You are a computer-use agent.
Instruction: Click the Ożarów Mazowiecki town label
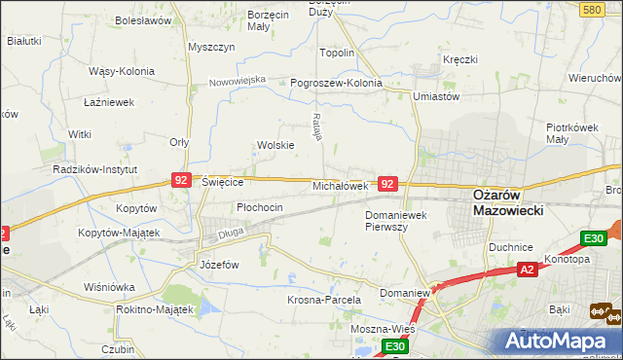click(507, 201)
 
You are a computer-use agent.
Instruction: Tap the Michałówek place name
click(340, 185)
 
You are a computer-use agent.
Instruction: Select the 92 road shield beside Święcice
click(181, 180)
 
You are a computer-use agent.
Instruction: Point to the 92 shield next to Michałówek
click(387, 184)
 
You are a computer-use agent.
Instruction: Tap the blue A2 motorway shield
click(527, 270)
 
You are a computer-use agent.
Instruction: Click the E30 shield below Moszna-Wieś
click(393, 346)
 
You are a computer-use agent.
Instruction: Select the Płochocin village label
click(260, 207)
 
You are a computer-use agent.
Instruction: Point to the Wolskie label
click(275, 145)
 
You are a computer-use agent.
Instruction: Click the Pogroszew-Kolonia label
click(337, 84)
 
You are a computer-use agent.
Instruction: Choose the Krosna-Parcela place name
click(324, 301)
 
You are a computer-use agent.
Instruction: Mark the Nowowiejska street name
click(238, 81)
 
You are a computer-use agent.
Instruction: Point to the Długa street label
click(230, 233)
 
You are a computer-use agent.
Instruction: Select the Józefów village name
click(219, 264)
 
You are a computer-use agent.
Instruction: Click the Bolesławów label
click(143, 19)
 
